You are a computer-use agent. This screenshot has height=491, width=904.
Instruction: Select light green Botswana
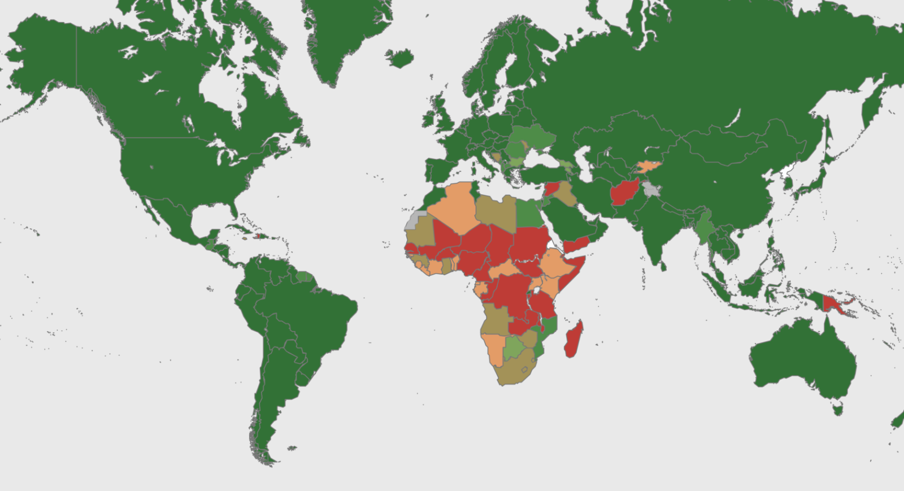[x=514, y=347]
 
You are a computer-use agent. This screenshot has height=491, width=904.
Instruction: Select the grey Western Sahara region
[x=415, y=219]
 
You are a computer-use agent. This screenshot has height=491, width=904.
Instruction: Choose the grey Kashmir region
[x=652, y=189]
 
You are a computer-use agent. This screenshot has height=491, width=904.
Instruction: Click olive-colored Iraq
[x=566, y=194]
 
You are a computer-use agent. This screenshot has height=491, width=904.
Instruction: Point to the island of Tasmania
[x=837, y=407]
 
